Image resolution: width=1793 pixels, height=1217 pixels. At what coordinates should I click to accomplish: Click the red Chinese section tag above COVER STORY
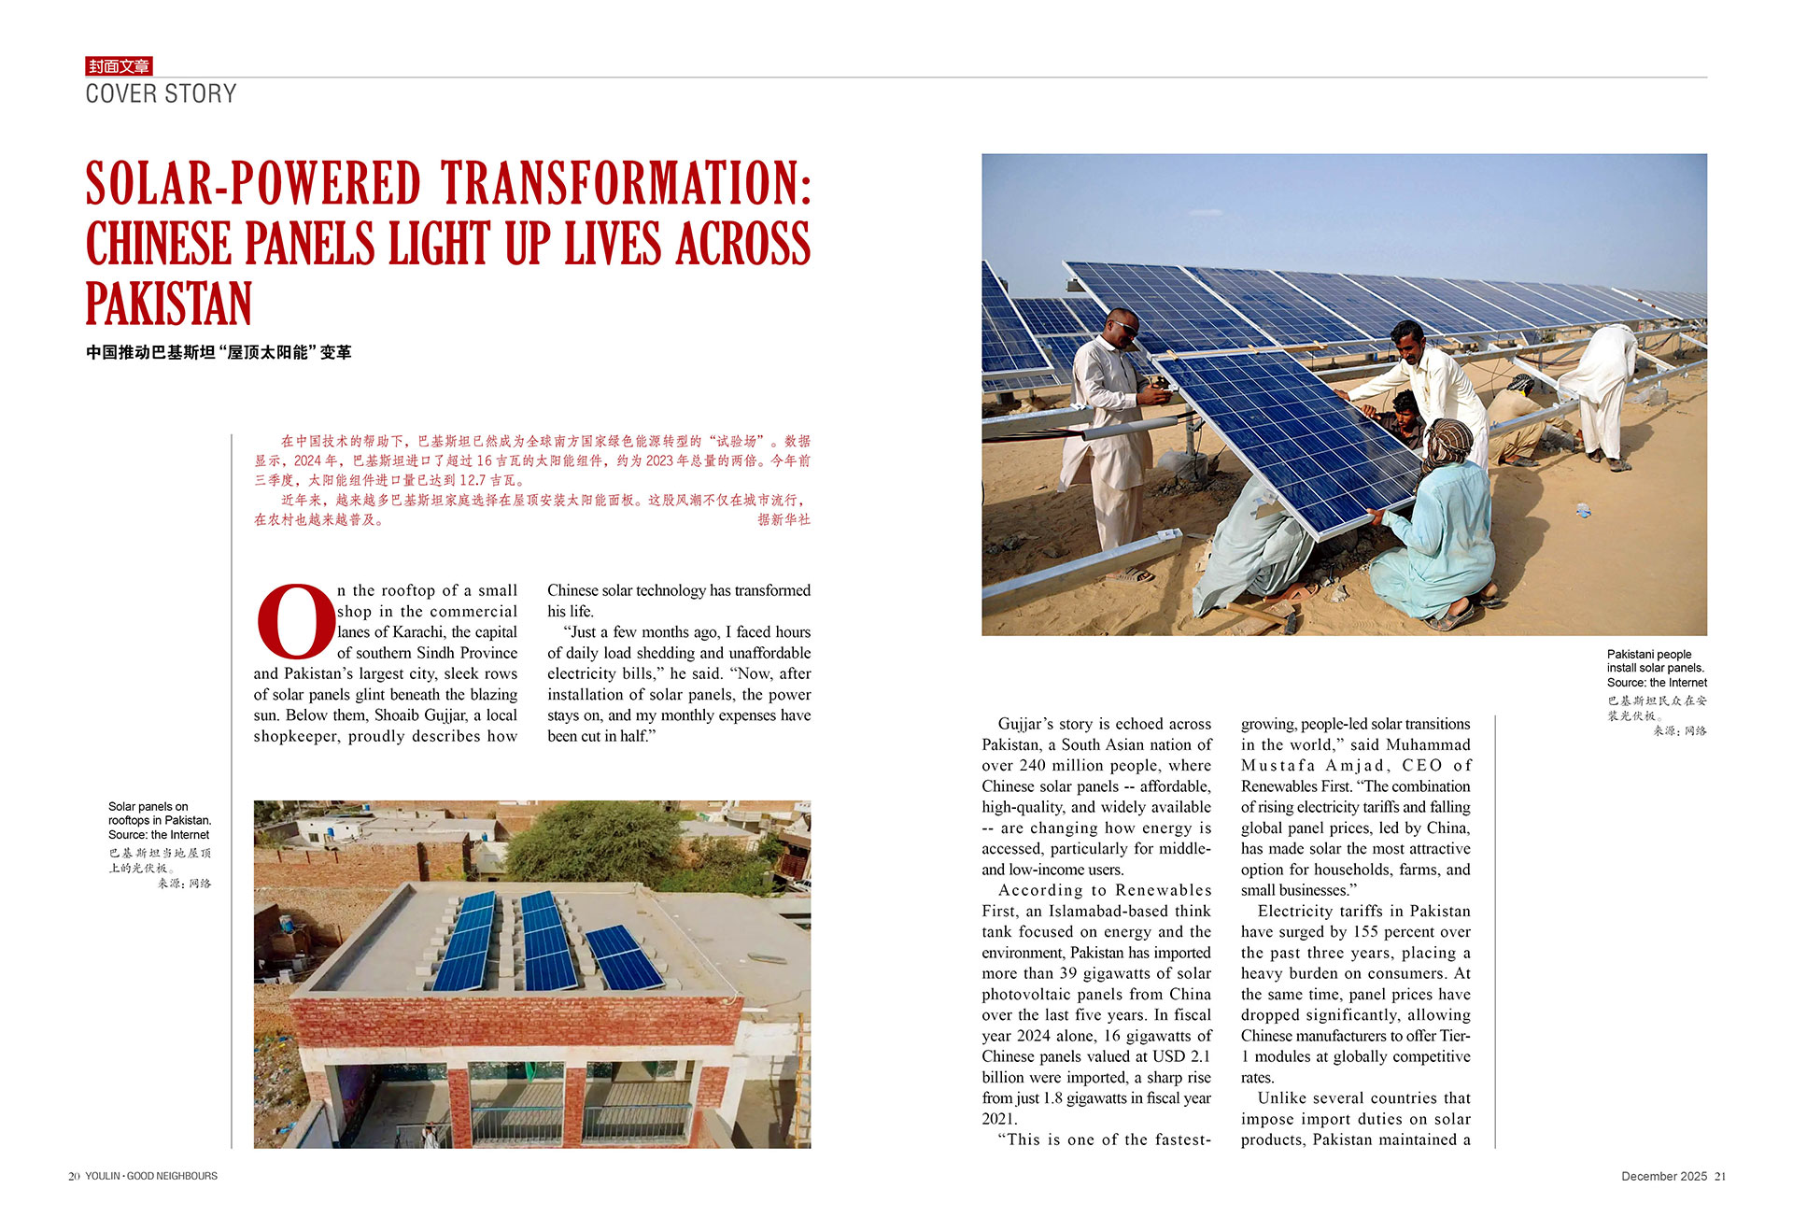click(119, 66)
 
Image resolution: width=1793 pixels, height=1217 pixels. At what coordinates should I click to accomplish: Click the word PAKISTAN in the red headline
click(169, 304)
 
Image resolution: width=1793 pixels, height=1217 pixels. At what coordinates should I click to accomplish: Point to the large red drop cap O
click(295, 620)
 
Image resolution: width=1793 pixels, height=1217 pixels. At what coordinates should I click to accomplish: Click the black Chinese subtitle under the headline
click(219, 352)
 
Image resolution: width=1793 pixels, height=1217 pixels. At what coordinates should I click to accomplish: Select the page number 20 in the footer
click(74, 1176)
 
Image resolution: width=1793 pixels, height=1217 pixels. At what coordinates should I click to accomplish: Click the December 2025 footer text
click(1663, 1176)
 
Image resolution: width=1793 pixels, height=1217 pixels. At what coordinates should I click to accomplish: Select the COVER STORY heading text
click(161, 94)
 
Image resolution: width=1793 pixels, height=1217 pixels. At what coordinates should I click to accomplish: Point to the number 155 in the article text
click(1364, 932)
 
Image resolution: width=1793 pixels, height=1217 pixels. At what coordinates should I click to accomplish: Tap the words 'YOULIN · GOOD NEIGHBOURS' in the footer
click(151, 1176)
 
